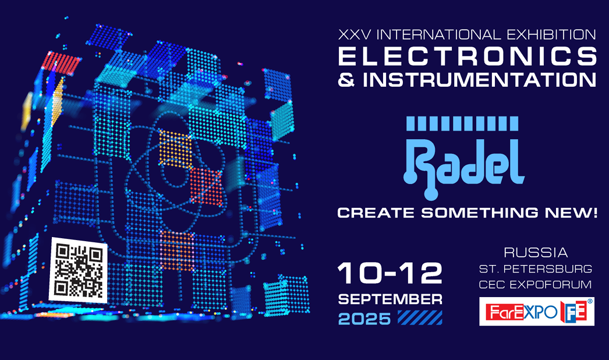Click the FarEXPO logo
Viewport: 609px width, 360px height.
pyautogui.click(x=536, y=312)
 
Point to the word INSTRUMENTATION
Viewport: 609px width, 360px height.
pyautogui.click(x=479, y=79)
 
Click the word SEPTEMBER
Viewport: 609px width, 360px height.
pyautogui.click(x=390, y=299)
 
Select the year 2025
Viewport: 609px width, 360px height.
pyautogui.click(x=364, y=319)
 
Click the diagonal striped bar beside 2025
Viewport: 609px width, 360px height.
pyautogui.click(x=420, y=317)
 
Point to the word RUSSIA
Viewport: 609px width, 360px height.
pyautogui.click(x=536, y=253)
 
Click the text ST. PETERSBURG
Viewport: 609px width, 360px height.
pyautogui.click(x=536, y=269)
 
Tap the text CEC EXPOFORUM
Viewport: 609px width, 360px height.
pyautogui.click(x=535, y=285)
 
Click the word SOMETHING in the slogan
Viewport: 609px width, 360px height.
pyautogui.click(x=479, y=213)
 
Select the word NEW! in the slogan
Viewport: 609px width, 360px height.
pyautogui.click(x=571, y=213)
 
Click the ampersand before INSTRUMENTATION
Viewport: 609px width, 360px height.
pyautogui.click(x=346, y=80)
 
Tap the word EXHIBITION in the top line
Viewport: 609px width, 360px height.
pyautogui.click(x=551, y=34)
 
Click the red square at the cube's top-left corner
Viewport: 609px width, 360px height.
pyautogui.click(x=61, y=62)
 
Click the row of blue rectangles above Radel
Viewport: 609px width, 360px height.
pyautogui.click(x=462, y=123)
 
